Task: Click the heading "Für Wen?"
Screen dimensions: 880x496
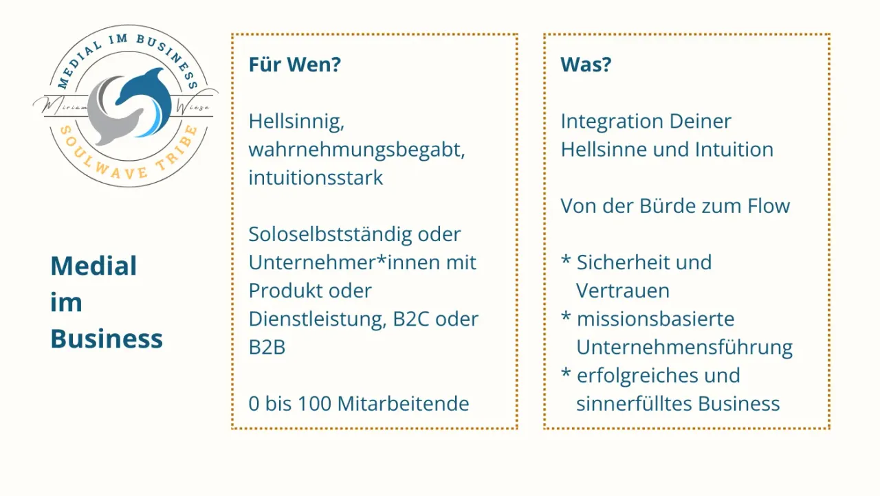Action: coord(295,65)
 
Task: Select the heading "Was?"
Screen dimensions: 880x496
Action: coord(586,65)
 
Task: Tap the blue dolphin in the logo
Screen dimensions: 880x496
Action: coord(147,100)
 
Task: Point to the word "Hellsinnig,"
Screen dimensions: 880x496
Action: coord(296,122)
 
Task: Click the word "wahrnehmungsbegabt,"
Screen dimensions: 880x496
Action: coord(357,150)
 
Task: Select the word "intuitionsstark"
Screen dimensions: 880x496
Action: coord(316,178)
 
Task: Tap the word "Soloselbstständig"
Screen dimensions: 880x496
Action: coord(329,234)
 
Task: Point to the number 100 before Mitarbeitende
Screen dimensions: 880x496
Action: coord(315,404)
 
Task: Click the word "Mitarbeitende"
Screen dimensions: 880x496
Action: coord(403,404)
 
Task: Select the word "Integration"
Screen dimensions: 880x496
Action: coord(612,122)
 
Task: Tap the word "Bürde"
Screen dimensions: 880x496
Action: coord(668,206)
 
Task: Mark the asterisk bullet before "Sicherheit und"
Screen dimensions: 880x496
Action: coord(566,260)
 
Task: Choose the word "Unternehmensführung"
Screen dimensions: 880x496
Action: coord(684,348)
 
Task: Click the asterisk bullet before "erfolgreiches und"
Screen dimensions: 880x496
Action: coord(566,373)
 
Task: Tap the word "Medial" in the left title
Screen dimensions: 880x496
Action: coord(93,266)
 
